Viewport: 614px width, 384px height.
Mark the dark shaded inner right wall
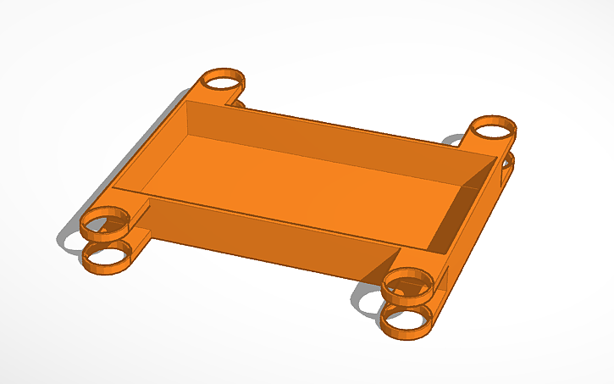pyautogui.click(x=466, y=208)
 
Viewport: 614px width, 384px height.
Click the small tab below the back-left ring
pyautogui.click(x=236, y=105)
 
